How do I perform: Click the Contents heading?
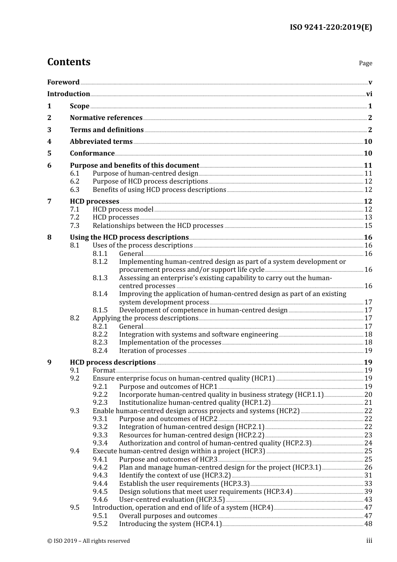point(69,62)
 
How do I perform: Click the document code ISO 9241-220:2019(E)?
point(331,28)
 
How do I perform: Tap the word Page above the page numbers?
point(365,63)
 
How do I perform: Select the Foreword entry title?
point(63,82)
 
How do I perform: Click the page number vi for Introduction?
point(369,94)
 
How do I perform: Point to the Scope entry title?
point(79,106)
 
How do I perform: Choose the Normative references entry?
point(106,118)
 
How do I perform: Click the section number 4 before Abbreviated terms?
point(49,142)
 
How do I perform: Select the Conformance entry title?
point(92,153)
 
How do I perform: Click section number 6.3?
point(75,189)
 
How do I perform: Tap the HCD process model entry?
point(123,209)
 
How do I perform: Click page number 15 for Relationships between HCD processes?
point(368,226)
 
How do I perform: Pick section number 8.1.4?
point(100,294)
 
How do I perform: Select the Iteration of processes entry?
point(153,351)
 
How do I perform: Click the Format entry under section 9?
point(104,370)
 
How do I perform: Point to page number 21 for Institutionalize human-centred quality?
point(368,403)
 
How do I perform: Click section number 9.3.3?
point(100,435)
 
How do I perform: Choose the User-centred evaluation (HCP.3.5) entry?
point(172,500)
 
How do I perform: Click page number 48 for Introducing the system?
point(368,524)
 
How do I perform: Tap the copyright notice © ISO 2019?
point(89,541)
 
